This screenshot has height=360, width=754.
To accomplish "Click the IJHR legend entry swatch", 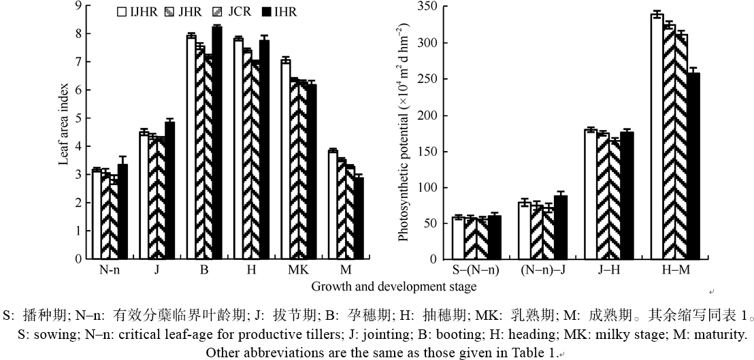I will point(122,12).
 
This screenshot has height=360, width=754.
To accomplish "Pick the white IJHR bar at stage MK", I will point(286,159).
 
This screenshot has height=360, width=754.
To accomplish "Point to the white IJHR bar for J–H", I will point(590,194).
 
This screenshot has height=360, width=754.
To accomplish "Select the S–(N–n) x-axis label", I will point(476,270).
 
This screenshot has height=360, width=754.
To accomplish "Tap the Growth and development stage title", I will point(393,287).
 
